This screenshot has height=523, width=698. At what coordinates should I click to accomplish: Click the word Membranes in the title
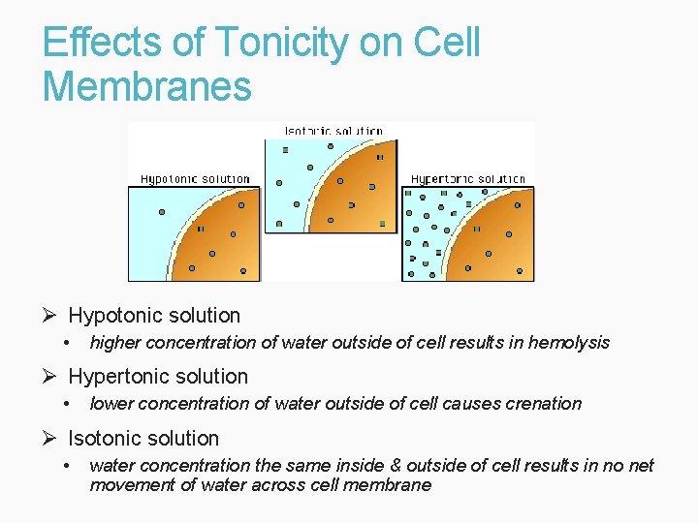tap(146, 85)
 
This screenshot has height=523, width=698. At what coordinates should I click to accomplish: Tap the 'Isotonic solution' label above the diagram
tap(333, 131)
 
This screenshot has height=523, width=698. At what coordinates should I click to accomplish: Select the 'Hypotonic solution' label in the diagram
tap(195, 178)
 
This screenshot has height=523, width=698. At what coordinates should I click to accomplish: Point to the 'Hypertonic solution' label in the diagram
tap(467, 178)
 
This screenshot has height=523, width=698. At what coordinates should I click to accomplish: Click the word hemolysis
tap(569, 342)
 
